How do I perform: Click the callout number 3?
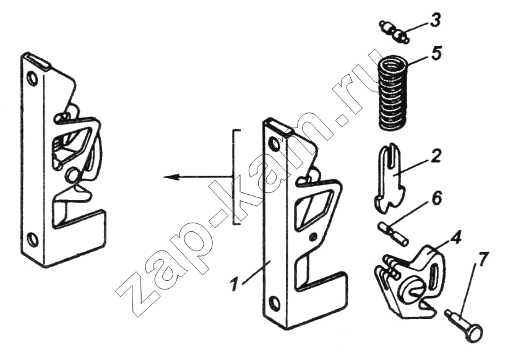(434, 21)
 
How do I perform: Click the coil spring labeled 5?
(394, 93)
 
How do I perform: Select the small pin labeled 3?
(394, 32)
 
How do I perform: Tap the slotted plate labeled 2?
(390, 180)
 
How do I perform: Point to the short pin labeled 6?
(393, 233)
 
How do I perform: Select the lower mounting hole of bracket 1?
(275, 302)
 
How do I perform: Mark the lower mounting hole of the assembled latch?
(32, 238)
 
